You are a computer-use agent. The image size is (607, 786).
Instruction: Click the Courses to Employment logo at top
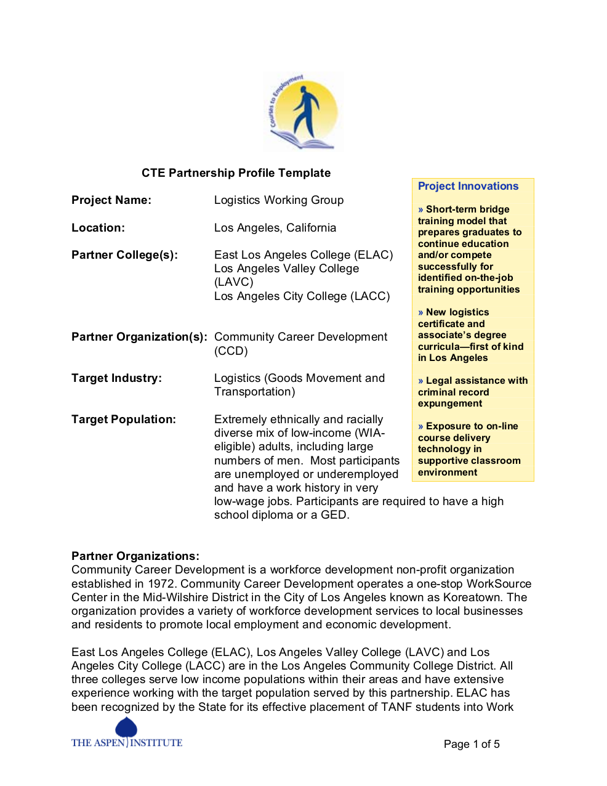[x=303, y=111]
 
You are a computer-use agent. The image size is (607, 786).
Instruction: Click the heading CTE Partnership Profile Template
[x=236, y=173]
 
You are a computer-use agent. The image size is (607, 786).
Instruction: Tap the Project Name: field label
[x=111, y=200]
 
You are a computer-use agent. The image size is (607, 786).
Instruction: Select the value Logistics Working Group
[x=279, y=200]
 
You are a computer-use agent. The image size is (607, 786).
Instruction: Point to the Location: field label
[x=98, y=228]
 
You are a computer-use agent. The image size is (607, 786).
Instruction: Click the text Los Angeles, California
[x=275, y=228]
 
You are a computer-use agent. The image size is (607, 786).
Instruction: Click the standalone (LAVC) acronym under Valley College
[x=234, y=282]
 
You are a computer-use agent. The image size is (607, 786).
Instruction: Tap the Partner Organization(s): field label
[x=139, y=337]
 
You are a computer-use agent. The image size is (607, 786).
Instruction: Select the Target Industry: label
[x=116, y=378]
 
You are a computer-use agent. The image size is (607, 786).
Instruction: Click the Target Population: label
[x=124, y=419]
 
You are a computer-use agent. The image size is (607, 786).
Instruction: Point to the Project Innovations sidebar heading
[x=468, y=186]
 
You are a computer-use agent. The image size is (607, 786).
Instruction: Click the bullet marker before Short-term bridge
[x=420, y=209]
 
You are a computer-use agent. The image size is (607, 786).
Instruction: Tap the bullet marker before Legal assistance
[x=420, y=381]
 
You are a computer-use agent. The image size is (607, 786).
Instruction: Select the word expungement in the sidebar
[x=450, y=403]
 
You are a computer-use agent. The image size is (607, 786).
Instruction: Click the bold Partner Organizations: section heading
[x=135, y=556]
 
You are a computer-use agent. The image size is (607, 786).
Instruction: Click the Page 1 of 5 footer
[x=472, y=744]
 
